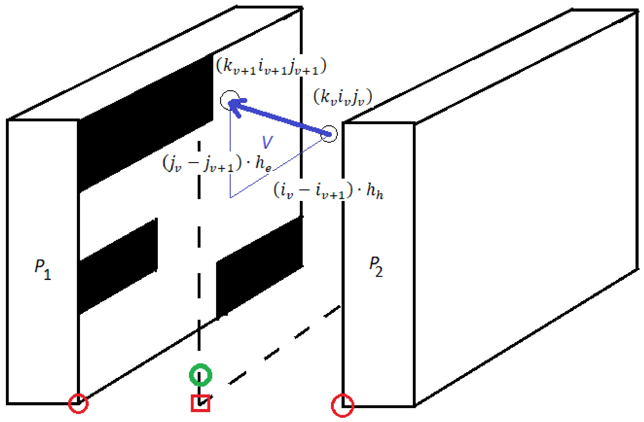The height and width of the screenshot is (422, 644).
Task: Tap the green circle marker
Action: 201,375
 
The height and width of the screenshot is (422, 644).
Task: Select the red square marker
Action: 201,403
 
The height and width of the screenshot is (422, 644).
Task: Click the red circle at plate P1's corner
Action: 78,404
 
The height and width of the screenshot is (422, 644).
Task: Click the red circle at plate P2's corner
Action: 343,406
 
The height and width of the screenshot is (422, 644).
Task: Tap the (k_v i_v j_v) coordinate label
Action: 343,97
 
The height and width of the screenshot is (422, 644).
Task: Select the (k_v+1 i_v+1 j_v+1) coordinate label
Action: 271,66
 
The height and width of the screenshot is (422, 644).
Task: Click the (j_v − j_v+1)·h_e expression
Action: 217,164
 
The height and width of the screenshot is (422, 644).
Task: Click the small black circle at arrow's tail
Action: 329,134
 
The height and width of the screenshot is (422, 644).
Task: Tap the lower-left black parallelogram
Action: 118,266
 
